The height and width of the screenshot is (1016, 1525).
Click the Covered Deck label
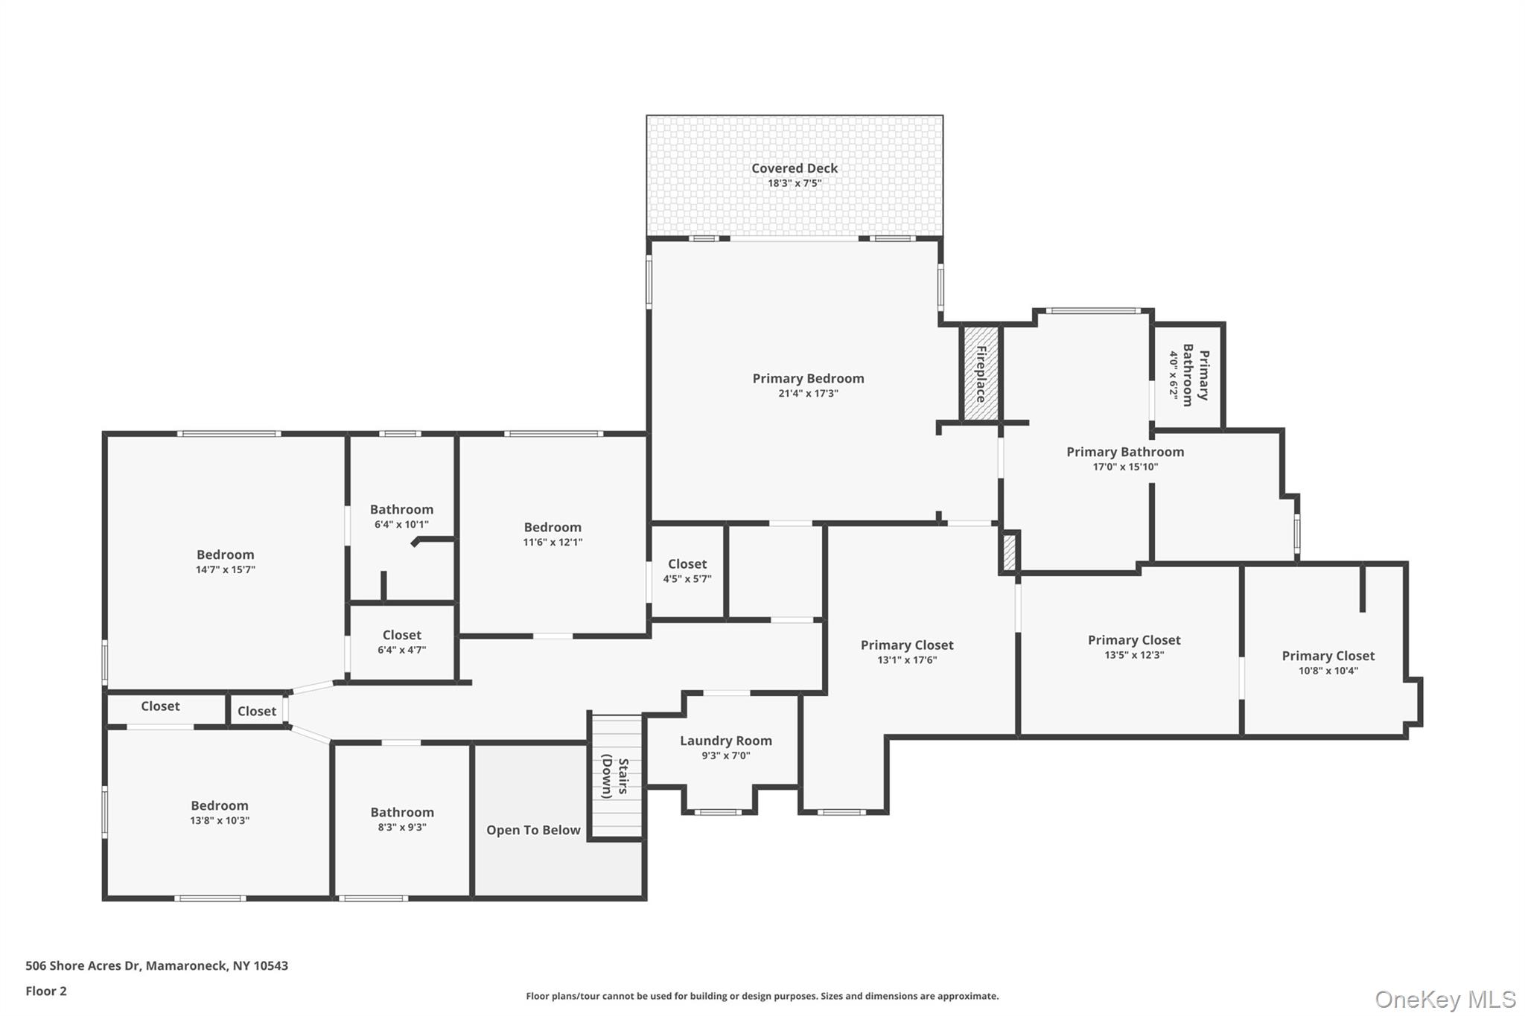794,169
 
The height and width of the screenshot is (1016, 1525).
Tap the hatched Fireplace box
980,374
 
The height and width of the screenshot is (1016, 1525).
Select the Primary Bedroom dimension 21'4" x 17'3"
808,394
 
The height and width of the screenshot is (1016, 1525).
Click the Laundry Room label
725,741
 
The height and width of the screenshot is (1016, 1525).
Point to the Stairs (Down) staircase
616,776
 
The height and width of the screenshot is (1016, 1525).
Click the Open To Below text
533,831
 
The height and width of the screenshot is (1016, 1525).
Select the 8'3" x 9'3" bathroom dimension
401,828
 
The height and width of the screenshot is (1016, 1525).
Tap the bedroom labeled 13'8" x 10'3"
219,813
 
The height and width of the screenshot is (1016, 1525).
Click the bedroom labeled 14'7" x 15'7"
225,562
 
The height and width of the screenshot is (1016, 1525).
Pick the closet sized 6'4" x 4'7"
401,642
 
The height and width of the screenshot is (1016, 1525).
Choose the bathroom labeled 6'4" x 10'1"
401,517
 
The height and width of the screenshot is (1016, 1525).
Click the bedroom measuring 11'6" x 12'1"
552,534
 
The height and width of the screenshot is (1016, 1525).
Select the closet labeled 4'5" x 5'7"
687,571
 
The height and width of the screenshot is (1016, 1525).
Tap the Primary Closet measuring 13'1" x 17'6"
906,652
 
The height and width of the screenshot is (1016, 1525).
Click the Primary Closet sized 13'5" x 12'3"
1133,648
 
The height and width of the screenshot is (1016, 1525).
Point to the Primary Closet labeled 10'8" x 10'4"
1328,663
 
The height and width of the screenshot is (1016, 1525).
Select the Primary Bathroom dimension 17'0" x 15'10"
1125,467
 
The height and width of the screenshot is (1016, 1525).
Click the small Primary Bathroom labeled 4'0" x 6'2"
1189,375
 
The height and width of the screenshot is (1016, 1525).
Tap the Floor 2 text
46,991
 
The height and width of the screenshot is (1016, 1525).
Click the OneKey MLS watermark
1445,999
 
